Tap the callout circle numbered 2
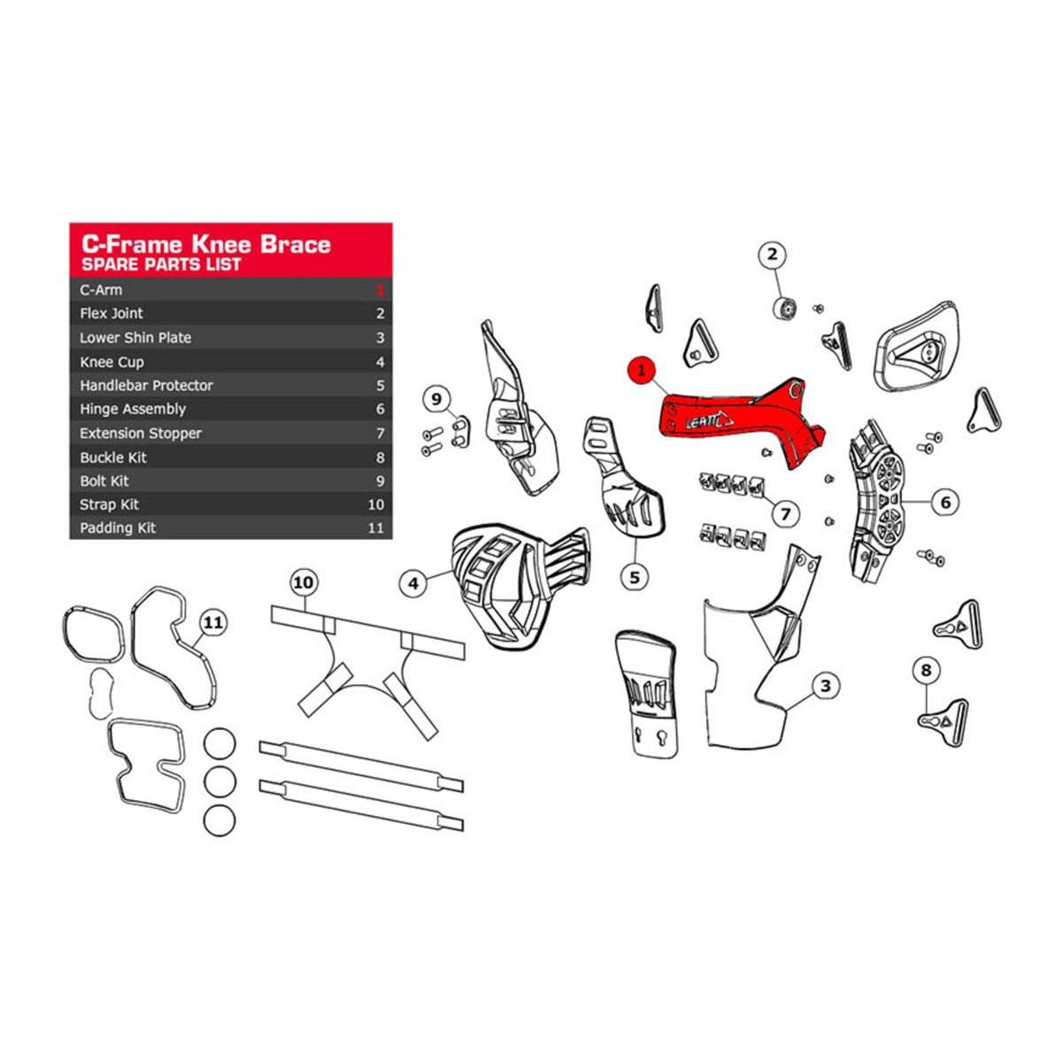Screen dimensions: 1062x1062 point(772,256)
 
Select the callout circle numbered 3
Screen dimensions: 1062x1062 point(825,685)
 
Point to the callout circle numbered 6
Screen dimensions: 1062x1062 point(945,503)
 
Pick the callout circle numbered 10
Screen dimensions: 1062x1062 point(304,582)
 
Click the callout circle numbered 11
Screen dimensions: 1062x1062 point(213,623)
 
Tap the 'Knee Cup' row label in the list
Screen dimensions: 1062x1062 point(112,362)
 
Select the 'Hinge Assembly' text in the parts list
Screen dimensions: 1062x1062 point(133,409)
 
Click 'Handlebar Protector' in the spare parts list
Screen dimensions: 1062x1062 point(146,386)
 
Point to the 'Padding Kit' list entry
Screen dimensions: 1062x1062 point(118,528)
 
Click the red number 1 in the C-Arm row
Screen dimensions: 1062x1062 point(381,290)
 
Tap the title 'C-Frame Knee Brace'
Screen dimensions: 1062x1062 point(206,244)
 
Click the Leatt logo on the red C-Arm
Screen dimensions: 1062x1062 point(709,419)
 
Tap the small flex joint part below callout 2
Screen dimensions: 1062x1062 point(785,308)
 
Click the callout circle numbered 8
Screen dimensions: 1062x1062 point(926,670)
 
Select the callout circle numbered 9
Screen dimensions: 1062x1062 point(436,399)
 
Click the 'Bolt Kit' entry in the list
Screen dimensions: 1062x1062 point(104,481)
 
